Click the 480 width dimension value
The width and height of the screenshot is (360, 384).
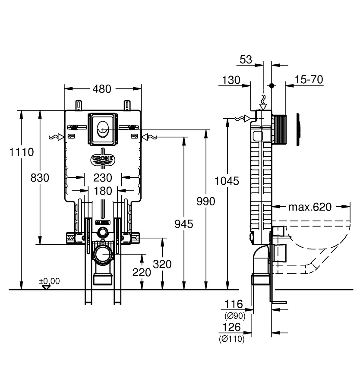(102, 89)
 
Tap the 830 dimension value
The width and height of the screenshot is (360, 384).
(40, 178)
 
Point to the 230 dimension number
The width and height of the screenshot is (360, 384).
(102, 178)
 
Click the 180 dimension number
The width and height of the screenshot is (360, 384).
(102, 191)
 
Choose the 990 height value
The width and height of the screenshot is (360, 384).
(205, 201)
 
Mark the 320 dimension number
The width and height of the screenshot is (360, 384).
(162, 264)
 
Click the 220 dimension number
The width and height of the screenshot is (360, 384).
(142, 272)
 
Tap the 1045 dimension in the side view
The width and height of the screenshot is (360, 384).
(227, 181)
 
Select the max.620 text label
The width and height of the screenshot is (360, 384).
(310, 207)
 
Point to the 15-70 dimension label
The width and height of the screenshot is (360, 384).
(309, 80)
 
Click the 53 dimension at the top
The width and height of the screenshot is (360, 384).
(246, 60)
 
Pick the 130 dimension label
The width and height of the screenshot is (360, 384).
(231, 80)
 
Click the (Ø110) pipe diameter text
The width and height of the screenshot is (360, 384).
(231, 340)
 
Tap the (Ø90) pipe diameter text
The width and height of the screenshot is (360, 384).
(235, 316)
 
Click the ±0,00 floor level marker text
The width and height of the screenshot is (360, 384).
(50, 281)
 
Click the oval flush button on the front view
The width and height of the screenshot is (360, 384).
(102, 128)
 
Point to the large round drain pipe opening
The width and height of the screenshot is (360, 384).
(103, 256)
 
